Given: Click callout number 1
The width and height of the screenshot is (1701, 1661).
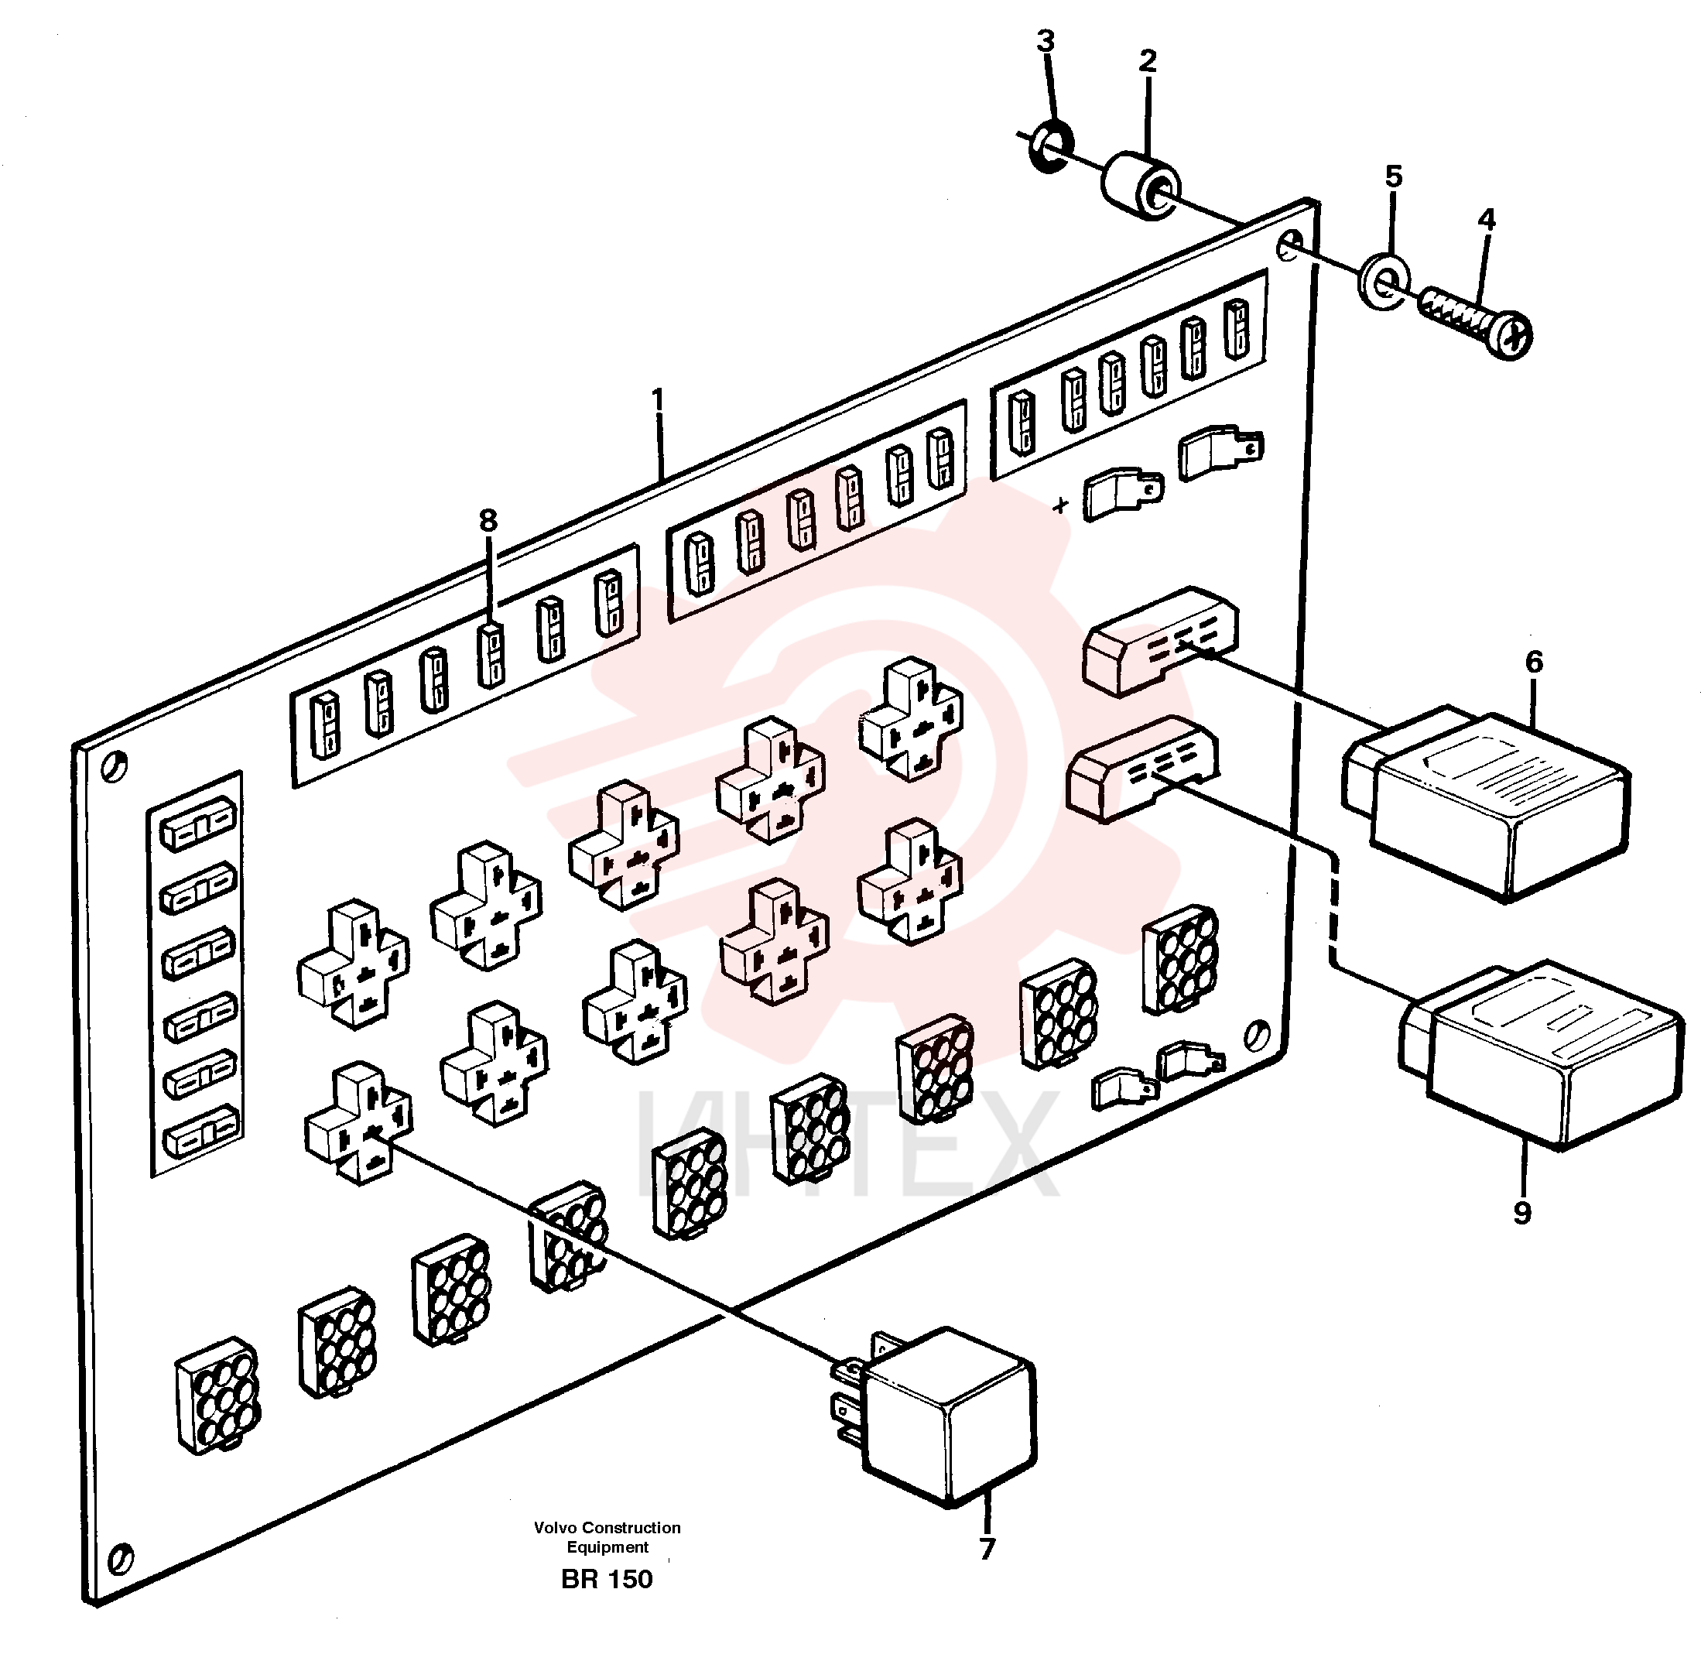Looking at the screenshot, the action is click(659, 399).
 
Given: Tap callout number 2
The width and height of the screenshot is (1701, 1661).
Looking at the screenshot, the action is click(1147, 60).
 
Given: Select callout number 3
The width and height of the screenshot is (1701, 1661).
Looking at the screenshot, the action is click(1045, 40).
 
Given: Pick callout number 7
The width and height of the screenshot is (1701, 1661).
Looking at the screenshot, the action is click(987, 1549).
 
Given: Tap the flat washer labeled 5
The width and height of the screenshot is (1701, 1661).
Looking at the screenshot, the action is click(1384, 281).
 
